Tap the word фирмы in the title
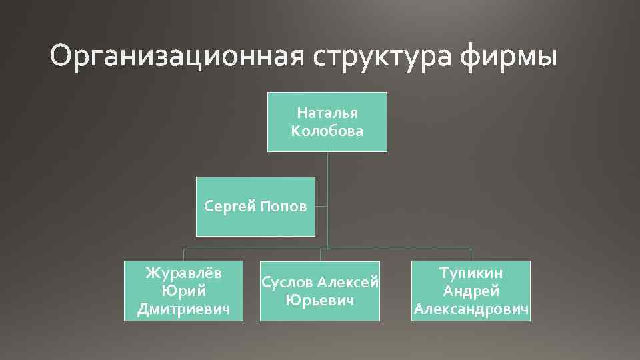click(507, 57)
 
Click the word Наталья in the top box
click(327, 113)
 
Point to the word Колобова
click(327, 131)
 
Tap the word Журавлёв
click(184, 273)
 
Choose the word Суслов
click(288, 283)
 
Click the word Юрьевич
click(319, 300)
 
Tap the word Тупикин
click(471, 273)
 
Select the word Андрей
click(471, 291)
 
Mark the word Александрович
click(471, 309)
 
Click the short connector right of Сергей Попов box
click(321, 207)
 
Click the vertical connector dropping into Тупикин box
click(471, 255)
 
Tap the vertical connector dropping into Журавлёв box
click(184, 255)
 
